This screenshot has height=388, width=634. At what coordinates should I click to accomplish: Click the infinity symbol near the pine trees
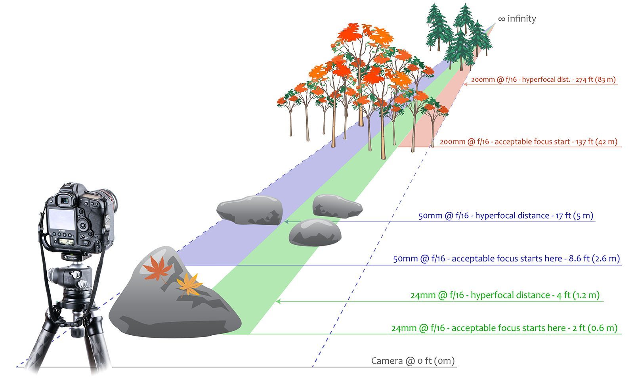[x=501, y=19]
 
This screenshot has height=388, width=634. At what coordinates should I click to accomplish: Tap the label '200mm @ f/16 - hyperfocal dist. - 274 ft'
[x=543, y=79]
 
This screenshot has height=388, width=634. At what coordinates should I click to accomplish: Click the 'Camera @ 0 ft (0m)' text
[x=412, y=361]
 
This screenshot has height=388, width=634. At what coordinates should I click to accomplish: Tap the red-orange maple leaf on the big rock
[x=158, y=268]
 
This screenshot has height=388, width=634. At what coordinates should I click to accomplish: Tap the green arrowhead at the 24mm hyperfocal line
[x=278, y=302]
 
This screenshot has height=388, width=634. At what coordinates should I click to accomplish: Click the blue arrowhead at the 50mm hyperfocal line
[x=286, y=222]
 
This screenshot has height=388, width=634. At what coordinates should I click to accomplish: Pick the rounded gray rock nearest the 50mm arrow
[x=315, y=232]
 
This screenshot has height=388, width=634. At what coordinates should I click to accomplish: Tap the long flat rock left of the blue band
[x=250, y=209]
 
